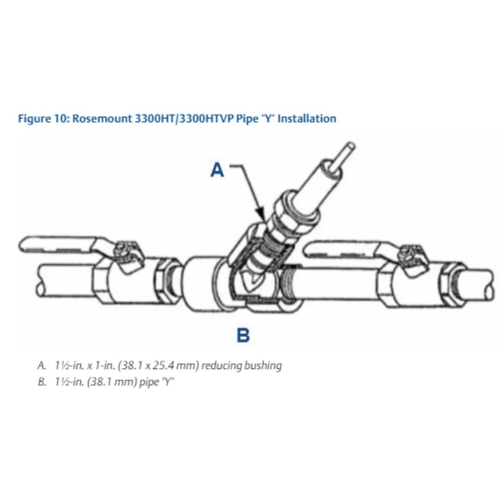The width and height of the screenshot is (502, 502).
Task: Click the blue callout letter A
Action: pyautogui.click(x=216, y=169)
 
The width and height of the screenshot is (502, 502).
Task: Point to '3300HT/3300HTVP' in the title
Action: pyautogui.click(x=177, y=118)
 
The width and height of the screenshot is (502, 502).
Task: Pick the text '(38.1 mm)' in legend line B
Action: pyautogui.click(x=110, y=381)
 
